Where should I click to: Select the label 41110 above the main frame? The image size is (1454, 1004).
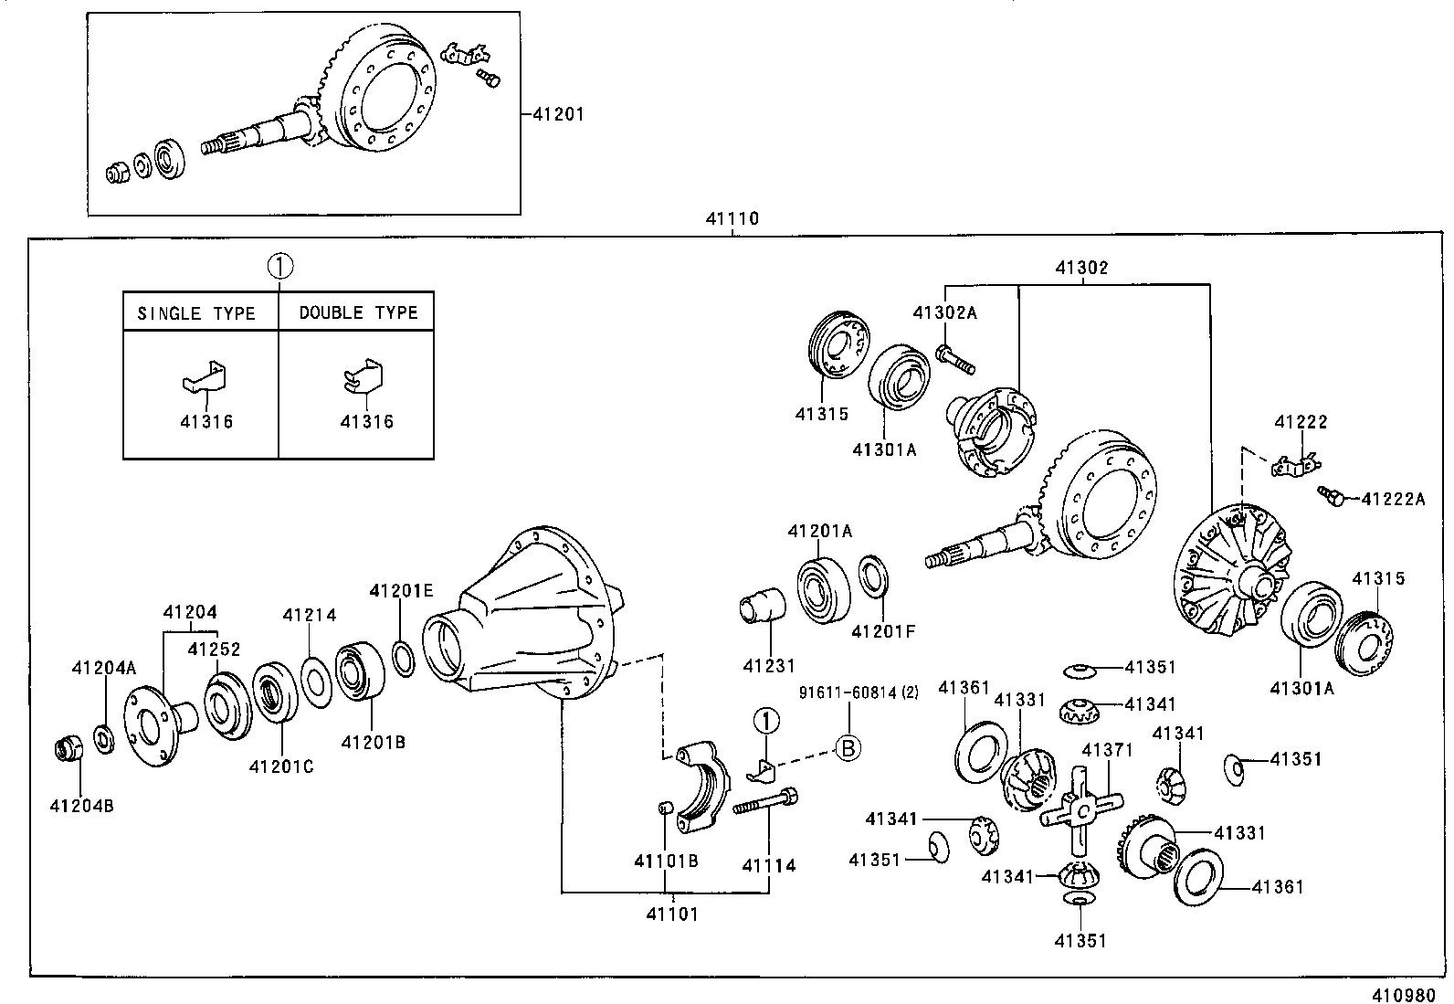(x=732, y=219)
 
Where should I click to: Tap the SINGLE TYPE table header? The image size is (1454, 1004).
(x=196, y=313)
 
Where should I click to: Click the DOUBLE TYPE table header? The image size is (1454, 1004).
(x=358, y=313)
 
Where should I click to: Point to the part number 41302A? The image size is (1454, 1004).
(x=944, y=313)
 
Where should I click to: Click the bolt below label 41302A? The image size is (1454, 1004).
(x=955, y=360)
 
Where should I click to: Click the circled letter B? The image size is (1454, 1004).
(x=848, y=748)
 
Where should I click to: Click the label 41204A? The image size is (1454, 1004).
(x=104, y=669)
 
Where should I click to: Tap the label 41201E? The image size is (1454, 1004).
(x=401, y=591)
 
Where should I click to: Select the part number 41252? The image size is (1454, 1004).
(x=214, y=650)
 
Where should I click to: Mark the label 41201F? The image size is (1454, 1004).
(x=882, y=630)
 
